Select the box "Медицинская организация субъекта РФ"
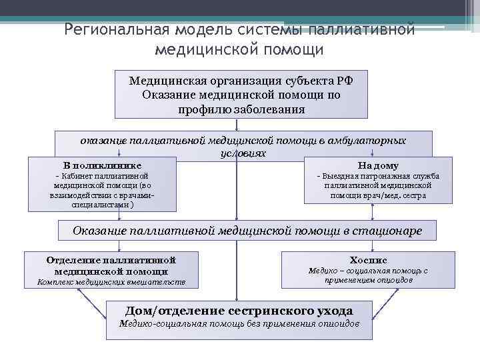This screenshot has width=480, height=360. point(241,80)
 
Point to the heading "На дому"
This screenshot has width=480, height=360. point(378,165)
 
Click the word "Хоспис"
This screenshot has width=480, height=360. point(368,259)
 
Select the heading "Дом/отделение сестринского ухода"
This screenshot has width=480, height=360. point(239,311)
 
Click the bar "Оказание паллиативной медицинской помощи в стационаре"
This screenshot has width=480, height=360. point(247,231)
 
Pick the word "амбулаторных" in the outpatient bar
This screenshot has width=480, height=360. point(373,141)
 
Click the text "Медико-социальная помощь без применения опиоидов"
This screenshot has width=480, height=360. point(239,323)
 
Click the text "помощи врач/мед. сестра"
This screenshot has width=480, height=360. point(378,196)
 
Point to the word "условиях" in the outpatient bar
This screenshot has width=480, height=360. point(243,153)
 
